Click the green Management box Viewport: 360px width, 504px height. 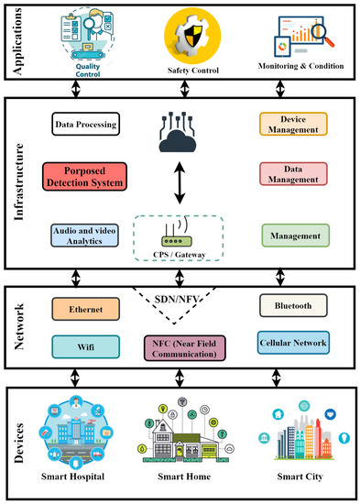pyautogui.click(x=293, y=236)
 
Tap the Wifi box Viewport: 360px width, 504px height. pyautogui.click(x=82, y=345)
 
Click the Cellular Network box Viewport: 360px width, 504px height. pyautogui.click(x=293, y=343)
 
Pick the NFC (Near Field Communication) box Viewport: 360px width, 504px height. pyautogui.click(x=188, y=346)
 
